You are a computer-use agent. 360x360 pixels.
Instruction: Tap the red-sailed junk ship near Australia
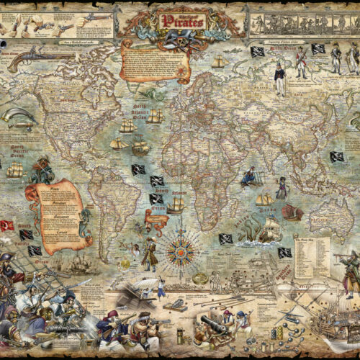tap(292, 212)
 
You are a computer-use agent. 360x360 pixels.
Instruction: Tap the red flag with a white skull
tap(7, 225)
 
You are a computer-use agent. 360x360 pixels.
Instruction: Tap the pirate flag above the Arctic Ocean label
tap(257, 51)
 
